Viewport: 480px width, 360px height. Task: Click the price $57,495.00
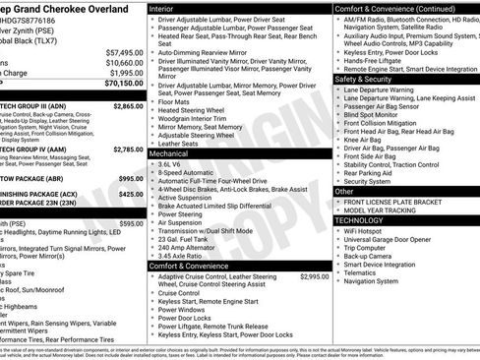pos(125,52)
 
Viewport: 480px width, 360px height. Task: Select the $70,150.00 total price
pos(125,85)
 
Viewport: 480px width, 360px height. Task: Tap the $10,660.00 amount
pos(125,63)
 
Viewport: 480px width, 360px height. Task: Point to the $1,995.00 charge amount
pos(127,74)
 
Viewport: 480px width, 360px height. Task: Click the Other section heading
pos(344,192)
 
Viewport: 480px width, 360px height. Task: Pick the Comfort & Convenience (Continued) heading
pos(393,7)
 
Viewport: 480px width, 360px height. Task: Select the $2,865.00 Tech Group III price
pos(128,105)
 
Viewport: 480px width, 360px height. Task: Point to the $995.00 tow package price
pos(131,178)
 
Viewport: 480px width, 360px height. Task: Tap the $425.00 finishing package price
pos(131,194)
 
